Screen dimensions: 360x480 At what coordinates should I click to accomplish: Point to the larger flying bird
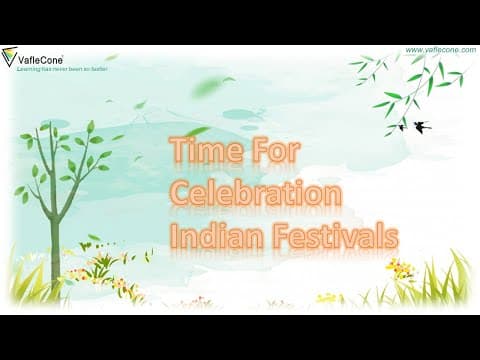coord(422,127)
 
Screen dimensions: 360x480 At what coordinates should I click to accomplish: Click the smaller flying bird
coord(402,127)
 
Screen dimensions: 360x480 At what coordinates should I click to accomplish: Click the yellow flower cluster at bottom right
coord(399,268)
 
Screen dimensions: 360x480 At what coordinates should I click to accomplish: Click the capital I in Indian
coord(175,237)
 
